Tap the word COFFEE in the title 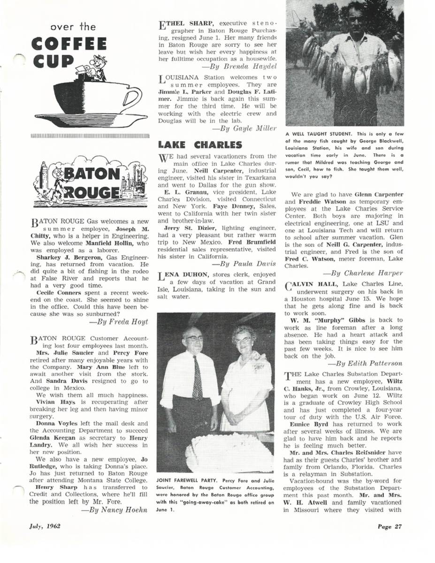point(69,44)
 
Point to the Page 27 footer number point(390,526)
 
